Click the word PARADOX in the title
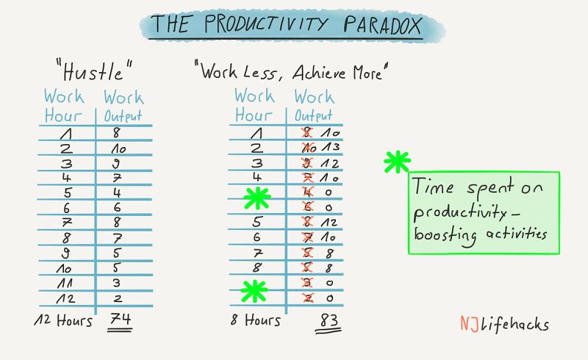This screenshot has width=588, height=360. (382, 25)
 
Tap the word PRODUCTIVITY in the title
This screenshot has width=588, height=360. (266, 24)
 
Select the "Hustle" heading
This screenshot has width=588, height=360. (94, 71)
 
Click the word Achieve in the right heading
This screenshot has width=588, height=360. (320, 73)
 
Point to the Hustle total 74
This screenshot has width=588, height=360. (121, 319)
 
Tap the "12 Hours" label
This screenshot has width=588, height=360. (63, 320)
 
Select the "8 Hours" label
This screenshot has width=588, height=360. (255, 320)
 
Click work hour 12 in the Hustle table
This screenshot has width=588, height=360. (65, 298)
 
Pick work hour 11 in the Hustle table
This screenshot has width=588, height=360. (65, 283)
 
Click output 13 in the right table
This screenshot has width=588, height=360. (331, 148)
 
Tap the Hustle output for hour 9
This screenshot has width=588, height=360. (117, 253)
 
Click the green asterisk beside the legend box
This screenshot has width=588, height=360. (397, 162)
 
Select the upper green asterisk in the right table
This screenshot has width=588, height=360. (257, 198)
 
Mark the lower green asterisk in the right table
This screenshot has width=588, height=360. (254, 291)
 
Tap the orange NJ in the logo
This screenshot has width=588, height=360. (469, 323)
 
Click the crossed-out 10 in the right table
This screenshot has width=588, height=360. (309, 148)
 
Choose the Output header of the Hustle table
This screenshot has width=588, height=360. (123, 116)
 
